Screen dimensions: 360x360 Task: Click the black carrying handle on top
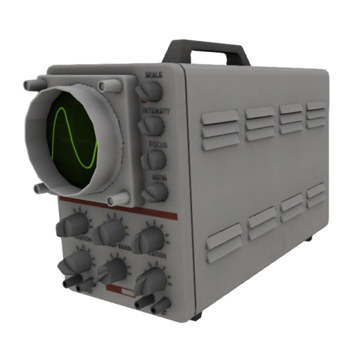205,48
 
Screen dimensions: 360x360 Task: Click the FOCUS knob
153,160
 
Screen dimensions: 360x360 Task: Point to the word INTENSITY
155,111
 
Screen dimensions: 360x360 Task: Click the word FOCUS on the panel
157,144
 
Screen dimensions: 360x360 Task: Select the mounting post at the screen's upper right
108,86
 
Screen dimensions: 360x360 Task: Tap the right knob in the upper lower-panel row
148,239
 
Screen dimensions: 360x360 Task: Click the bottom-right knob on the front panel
150,283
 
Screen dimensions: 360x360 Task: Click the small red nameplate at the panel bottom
120,290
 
